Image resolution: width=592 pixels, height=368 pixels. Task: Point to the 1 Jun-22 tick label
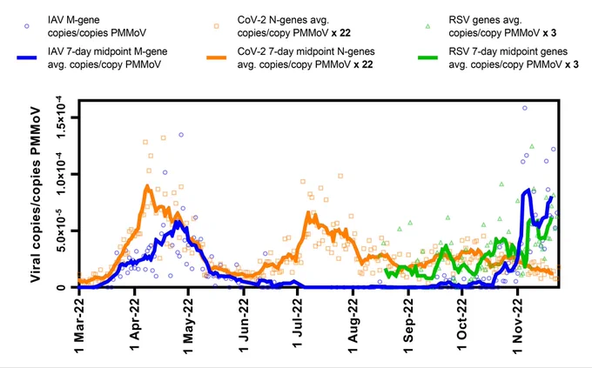coord(244,325)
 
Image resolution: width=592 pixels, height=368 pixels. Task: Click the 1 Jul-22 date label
coord(298,324)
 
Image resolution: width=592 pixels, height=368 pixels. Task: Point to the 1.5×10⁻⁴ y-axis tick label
coord(62,117)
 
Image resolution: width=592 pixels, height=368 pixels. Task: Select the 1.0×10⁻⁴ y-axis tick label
coord(62,174)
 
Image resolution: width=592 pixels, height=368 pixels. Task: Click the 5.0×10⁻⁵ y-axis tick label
coord(62,231)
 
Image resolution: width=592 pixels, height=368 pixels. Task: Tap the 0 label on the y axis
coord(63,288)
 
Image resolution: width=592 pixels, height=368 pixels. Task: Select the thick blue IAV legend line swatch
coord(27,57)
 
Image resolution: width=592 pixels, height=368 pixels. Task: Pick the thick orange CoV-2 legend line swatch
coord(216,57)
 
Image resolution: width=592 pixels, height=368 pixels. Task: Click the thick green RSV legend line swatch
coord(427,57)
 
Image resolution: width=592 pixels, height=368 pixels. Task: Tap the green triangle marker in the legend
coord(427,26)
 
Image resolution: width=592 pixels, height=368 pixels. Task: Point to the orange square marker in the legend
coord(216,26)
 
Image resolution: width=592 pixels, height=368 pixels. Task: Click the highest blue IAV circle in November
coord(524,109)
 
